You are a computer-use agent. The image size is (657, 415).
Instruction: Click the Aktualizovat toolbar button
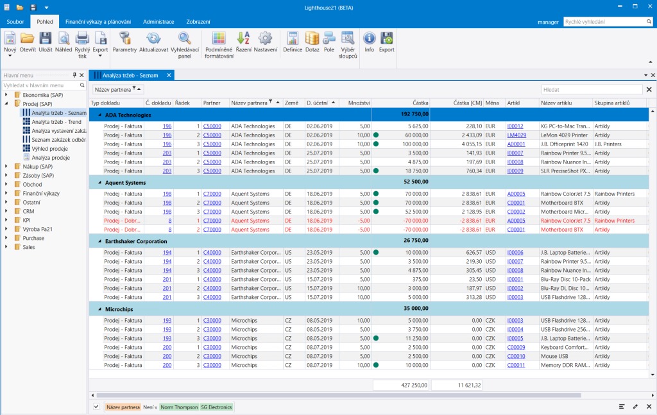153,42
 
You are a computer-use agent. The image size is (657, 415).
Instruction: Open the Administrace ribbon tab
158,22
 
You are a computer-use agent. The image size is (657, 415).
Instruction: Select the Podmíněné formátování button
219,46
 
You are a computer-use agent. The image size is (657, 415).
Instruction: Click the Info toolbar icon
369,42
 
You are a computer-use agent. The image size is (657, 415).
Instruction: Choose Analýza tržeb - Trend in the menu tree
56,122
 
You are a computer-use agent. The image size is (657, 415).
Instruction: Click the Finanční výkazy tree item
41,194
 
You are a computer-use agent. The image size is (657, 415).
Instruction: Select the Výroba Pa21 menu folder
37,229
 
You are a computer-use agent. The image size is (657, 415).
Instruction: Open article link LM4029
516,135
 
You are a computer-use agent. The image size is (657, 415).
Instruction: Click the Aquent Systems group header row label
125,183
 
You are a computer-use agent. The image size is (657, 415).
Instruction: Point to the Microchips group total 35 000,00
416,309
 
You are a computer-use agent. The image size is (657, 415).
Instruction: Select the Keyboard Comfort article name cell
565,348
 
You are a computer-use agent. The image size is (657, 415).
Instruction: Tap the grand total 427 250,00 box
401,385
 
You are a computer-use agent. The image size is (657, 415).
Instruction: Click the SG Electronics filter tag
216,407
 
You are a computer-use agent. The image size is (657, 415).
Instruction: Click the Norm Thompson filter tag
179,407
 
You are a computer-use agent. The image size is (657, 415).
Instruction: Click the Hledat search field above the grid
592,90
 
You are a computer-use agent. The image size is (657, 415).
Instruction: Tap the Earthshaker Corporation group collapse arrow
99,241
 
